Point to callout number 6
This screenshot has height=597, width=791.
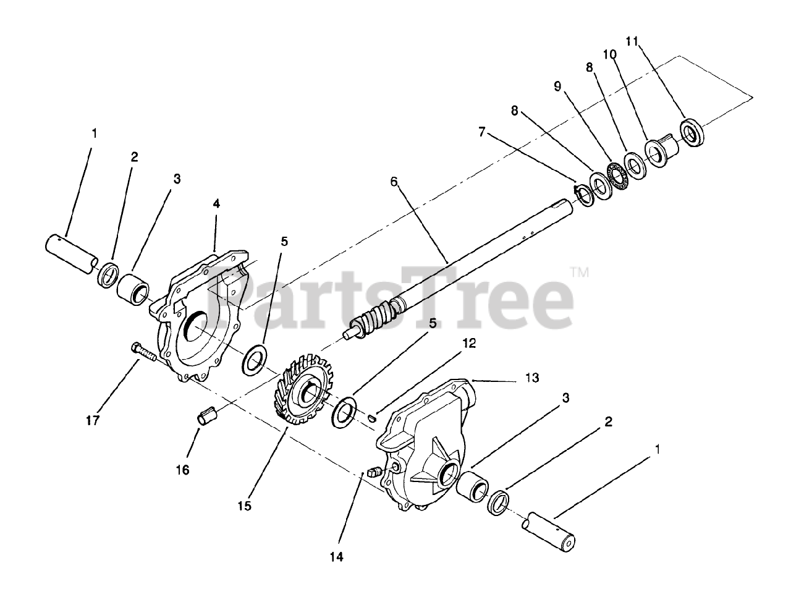click(393, 182)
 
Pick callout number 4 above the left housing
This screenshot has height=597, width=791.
click(216, 203)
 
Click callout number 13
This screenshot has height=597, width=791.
click(531, 377)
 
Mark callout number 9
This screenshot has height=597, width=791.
click(557, 87)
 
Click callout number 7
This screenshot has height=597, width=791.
click(482, 132)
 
